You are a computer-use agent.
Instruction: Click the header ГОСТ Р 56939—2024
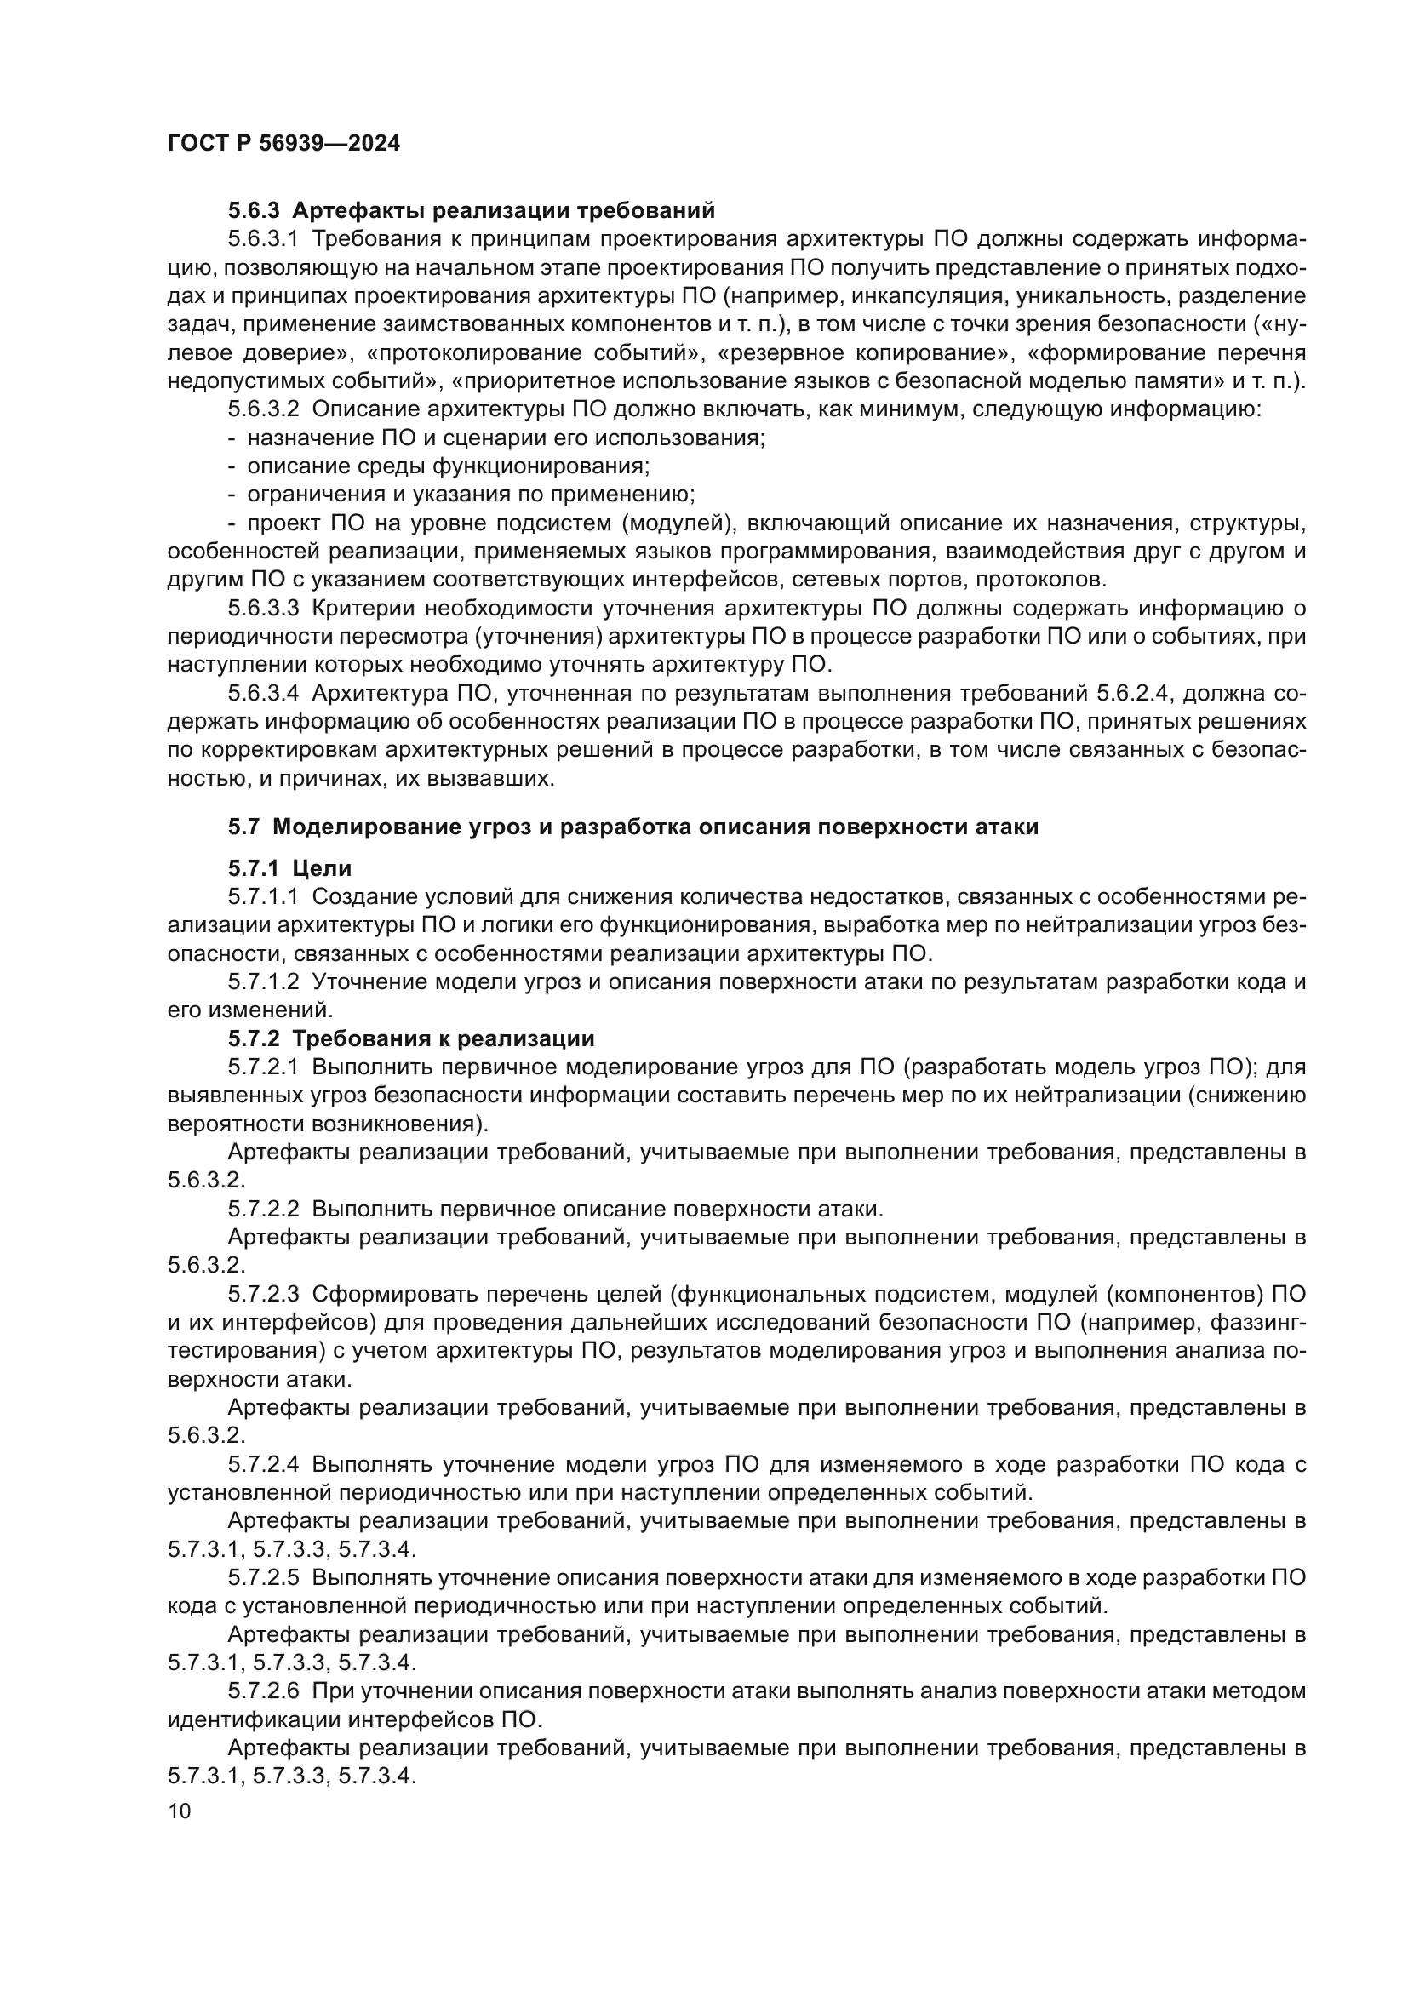pyautogui.click(x=283, y=144)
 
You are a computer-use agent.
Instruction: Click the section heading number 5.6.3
pyautogui.click(x=254, y=211)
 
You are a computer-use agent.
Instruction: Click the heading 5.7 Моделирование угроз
pyautogui.click(x=632, y=827)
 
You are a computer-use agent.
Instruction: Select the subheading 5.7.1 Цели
pyautogui.click(x=289, y=868)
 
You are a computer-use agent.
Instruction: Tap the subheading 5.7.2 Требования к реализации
pyautogui.click(x=411, y=1038)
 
